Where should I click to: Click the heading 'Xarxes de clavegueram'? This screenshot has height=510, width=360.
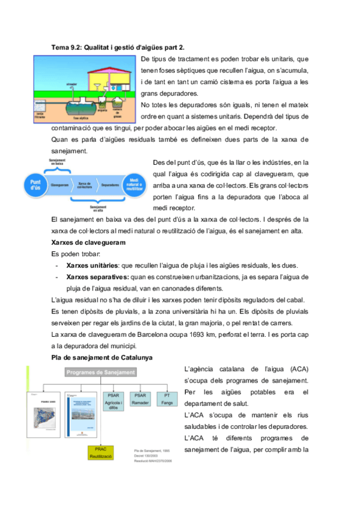(89, 243)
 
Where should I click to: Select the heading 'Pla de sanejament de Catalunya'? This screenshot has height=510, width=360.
(102, 357)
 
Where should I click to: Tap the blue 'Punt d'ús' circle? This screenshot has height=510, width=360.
(35, 185)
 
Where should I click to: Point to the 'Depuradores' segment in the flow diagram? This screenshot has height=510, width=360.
(110, 184)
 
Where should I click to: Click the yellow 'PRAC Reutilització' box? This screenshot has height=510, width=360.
(96, 453)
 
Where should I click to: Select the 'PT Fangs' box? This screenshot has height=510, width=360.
(165, 399)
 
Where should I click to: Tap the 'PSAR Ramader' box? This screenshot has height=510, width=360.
(141, 399)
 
